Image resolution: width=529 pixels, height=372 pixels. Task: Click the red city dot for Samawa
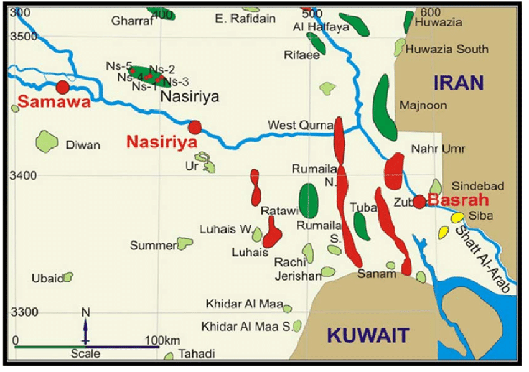(62, 87)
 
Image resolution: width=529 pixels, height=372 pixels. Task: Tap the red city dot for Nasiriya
(195, 128)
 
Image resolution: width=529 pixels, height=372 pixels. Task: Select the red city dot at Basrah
(419, 202)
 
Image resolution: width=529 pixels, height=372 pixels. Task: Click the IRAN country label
(458, 83)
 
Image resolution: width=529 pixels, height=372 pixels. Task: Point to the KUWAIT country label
(368, 336)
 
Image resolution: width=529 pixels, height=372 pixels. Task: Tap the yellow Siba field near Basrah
(457, 218)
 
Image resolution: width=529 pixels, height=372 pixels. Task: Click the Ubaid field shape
(67, 277)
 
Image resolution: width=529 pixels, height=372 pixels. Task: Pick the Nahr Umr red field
(394, 172)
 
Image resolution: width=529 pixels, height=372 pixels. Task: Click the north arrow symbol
(85, 327)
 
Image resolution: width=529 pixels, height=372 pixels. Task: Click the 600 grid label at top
(430, 12)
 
